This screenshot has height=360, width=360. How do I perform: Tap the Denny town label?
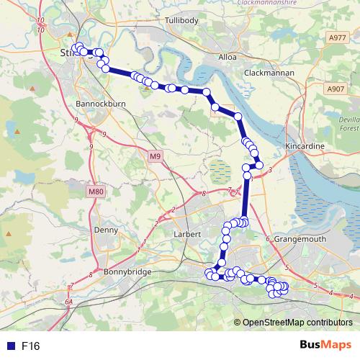pyautogui.click(x=105, y=230)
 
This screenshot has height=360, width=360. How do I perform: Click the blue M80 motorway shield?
pyautogui.click(x=96, y=192)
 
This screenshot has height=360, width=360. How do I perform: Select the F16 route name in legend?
pyautogui.click(x=30, y=346)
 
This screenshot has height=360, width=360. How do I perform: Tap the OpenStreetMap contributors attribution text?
pyautogui.click(x=297, y=323)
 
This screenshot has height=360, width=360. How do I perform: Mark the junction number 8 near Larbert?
pyautogui.click(x=204, y=194)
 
